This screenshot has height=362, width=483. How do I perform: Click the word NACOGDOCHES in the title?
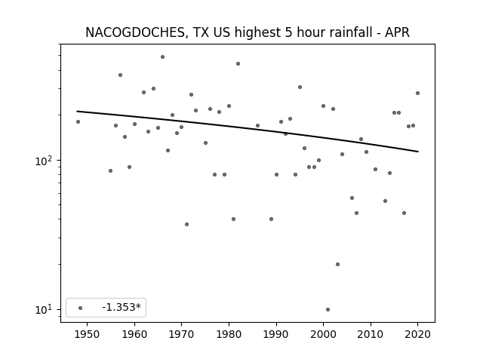134,32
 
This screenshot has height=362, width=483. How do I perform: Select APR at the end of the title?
398,32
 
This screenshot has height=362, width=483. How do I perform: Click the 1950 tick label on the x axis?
88,334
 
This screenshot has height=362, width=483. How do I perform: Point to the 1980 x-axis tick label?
229,334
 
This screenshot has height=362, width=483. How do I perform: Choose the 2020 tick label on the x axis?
417,334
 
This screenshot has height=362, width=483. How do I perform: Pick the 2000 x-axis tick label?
323,334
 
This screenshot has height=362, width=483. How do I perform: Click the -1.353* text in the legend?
122,307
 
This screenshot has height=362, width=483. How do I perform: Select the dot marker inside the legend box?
81,308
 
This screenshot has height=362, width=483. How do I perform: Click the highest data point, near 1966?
163,57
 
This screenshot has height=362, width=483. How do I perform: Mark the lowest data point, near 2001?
328,309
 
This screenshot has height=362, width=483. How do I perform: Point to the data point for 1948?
78,122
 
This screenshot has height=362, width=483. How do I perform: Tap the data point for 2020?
417,93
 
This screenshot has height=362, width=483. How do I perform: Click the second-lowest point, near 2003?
337,265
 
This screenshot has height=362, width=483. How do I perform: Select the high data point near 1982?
238,63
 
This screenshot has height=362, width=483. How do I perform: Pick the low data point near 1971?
186,225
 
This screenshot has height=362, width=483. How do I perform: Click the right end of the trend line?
418,152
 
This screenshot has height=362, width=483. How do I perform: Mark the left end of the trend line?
77,111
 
